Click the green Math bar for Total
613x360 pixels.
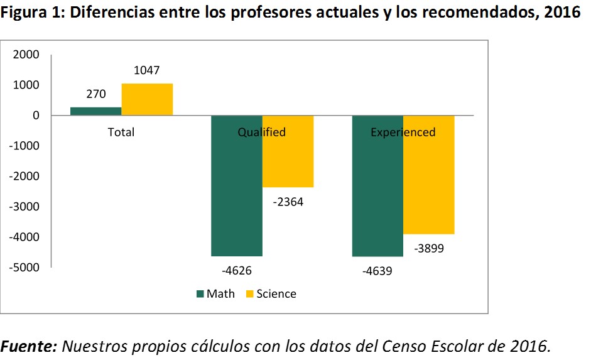(x=95, y=111)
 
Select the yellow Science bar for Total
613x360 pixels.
(x=147, y=99)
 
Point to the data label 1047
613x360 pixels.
(x=146, y=70)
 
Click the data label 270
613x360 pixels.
(x=95, y=94)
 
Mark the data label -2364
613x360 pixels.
(x=288, y=202)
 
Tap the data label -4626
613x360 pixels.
(x=237, y=271)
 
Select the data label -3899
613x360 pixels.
(x=429, y=248)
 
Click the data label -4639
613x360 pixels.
(x=377, y=271)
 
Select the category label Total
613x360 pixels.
(x=121, y=132)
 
